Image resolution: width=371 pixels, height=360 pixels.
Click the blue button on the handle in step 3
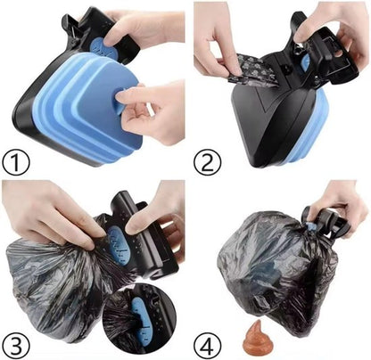117,240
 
